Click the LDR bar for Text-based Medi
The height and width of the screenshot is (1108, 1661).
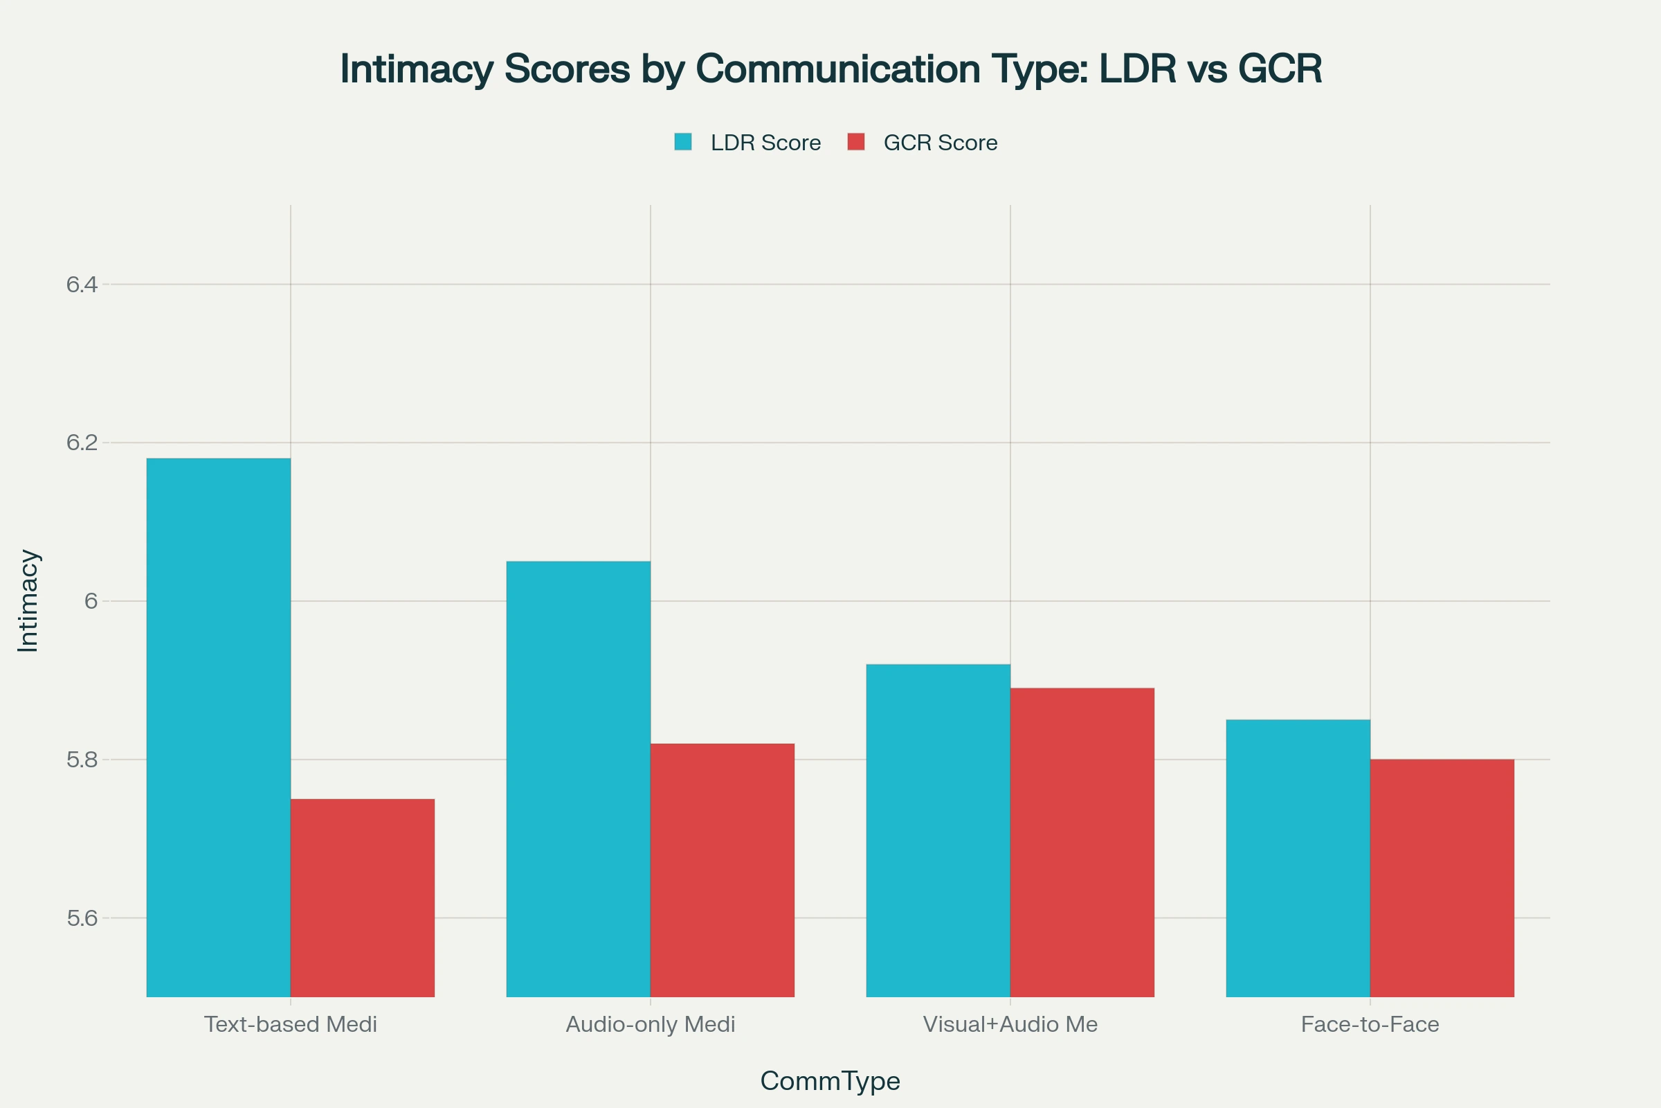[x=218, y=727]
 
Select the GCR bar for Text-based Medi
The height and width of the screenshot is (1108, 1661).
[x=362, y=897]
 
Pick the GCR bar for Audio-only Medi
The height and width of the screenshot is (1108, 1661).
[x=723, y=870]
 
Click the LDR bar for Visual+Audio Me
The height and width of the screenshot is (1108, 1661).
[x=938, y=830]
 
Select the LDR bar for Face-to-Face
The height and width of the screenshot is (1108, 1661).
[x=1298, y=858]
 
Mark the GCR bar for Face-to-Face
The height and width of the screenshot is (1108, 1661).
[x=1442, y=877]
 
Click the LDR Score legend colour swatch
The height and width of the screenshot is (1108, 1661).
[x=683, y=142]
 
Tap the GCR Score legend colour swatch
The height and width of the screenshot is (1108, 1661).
[x=856, y=142]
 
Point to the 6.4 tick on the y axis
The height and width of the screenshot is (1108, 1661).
[x=81, y=285]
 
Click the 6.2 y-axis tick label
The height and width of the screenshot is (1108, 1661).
[x=81, y=443]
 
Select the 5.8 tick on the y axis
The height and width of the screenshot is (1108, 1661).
[x=81, y=760]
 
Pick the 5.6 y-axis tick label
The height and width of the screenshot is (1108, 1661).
[x=81, y=918]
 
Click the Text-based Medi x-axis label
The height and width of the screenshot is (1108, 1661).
[x=290, y=1025]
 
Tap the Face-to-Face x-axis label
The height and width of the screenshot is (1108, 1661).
[x=1370, y=1025]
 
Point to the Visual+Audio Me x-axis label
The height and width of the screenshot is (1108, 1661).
[x=1010, y=1025]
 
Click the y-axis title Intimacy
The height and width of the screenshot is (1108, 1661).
[x=28, y=600]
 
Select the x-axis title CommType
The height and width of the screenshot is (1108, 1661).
[x=830, y=1081]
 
